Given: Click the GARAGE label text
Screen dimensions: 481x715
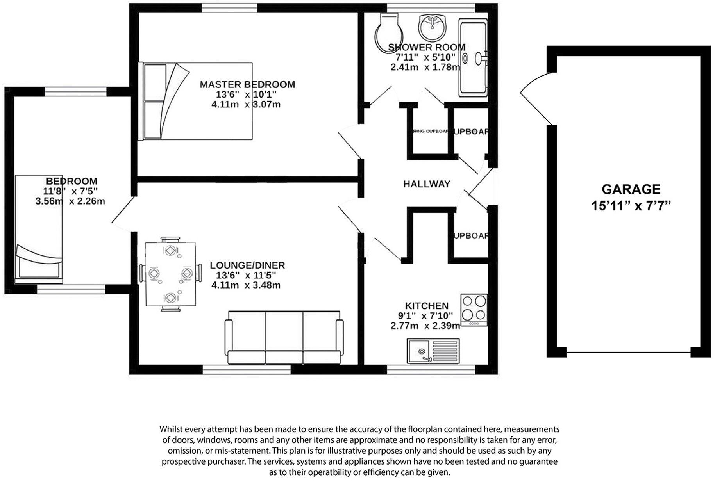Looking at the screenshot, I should [x=631, y=189].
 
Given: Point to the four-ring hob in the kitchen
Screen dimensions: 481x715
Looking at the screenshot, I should [x=474, y=310].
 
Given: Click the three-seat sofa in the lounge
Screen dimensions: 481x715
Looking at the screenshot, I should [x=284, y=338].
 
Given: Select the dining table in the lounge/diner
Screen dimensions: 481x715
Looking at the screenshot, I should [x=171, y=274].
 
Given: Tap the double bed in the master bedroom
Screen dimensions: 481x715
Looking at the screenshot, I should [x=195, y=101].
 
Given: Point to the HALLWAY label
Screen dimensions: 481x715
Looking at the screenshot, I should [x=427, y=184].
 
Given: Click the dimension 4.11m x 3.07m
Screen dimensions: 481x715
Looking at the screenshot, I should [x=246, y=105].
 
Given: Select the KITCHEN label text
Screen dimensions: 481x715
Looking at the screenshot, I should [x=426, y=306].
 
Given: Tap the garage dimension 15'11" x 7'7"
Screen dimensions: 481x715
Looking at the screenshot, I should [x=631, y=206].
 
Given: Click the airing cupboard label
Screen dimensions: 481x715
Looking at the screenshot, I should [x=430, y=132].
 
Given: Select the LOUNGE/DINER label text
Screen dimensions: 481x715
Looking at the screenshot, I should [x=247, y=265].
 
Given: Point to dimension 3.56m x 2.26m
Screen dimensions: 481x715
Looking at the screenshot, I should [x=70, y=201].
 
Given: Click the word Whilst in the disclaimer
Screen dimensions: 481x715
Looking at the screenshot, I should [x=170, y=429].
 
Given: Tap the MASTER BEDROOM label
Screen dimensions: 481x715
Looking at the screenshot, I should [x=247, y=84].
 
